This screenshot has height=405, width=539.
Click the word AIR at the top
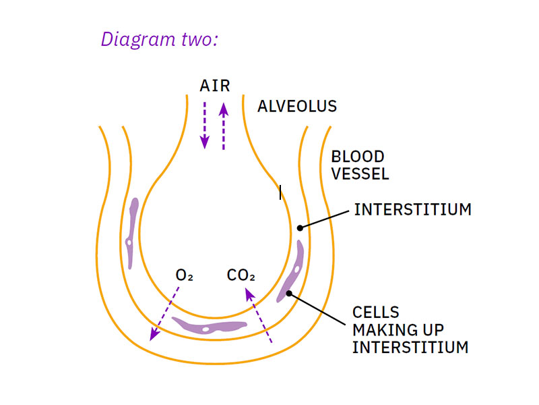coord(215,86)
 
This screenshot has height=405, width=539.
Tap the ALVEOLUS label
coord(297,106)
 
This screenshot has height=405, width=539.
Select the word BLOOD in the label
coord(358,157)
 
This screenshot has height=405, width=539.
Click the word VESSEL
coord(360,173)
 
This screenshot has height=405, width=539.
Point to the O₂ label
coord(184,275)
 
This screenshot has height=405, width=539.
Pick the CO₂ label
coord(241,275)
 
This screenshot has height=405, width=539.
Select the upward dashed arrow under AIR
coord(224,125)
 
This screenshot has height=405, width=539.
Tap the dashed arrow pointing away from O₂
coord(165,312)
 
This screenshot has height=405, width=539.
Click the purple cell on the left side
coord(131,233)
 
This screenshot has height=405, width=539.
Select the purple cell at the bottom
coord(209,327)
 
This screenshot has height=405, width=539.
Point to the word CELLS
coord(376,313)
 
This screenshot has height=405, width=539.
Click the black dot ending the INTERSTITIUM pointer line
coord(300,227)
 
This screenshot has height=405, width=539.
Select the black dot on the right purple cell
coord(290,293)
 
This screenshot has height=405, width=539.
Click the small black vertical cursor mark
coord(280,193)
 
